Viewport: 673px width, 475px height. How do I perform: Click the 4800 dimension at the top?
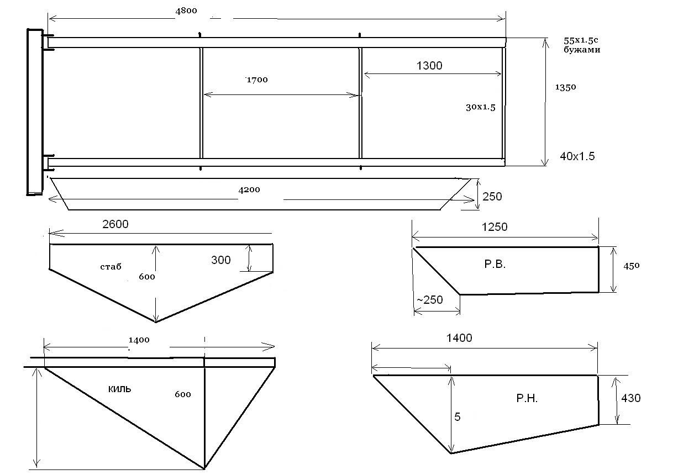point(186,11)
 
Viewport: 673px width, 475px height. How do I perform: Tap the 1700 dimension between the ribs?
point(257,80)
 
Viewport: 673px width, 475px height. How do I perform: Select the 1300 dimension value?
point(429,66)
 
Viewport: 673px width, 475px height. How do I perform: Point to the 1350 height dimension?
point(565,87)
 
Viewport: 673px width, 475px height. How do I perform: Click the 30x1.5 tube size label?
point(480,107)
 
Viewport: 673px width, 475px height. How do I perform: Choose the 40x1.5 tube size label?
point(577,156)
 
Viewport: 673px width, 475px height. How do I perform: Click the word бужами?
point(582,50)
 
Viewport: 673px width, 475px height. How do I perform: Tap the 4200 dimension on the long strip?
point(249,190)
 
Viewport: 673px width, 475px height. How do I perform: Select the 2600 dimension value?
point(115,224)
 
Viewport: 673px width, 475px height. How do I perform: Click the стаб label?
point(111,267)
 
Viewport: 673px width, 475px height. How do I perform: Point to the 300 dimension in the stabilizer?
point(221,260)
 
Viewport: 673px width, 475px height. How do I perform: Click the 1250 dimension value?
point(495,227)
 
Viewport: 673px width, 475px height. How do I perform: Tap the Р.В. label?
point(495,264)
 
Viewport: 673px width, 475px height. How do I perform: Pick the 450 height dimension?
point(631,266)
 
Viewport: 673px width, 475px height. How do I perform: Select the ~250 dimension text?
point(430,300)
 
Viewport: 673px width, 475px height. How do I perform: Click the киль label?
point(119,389)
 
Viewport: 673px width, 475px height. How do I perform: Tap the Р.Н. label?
point(527,398)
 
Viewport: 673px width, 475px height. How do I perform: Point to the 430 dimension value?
point(630,398)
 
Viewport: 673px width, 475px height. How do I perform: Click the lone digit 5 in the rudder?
point(458,417)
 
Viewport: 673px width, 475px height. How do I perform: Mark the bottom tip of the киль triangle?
point(204,468)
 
